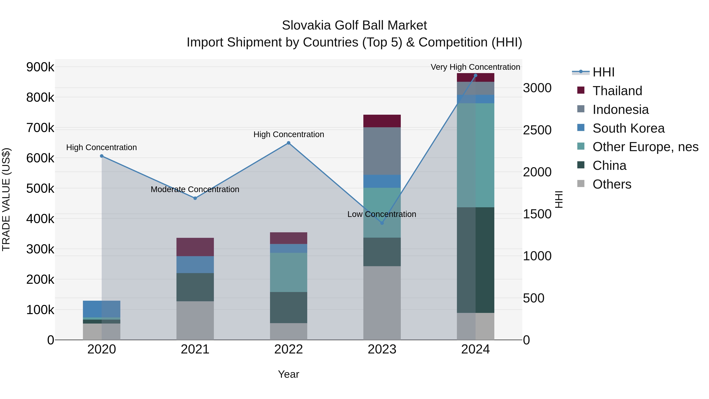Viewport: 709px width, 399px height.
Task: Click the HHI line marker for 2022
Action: (289, 143)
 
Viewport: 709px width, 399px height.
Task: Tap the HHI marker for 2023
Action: (382, 223)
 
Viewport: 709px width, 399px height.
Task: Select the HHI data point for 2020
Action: (102, 156)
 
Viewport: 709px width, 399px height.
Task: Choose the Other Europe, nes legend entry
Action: (645, 147)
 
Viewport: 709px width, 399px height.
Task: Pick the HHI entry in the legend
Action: (603, 72)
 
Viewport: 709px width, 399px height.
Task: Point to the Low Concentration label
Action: (381, 214)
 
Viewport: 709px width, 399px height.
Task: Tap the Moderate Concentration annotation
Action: (195, 189)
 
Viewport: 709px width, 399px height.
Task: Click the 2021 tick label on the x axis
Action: (195, 349)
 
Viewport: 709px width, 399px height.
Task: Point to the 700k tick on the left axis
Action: (40, 128)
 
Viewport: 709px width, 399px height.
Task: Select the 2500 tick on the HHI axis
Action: (537, 130)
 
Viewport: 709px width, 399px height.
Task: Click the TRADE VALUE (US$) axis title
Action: (6, 199)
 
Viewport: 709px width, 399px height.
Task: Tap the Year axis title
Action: (289, 374)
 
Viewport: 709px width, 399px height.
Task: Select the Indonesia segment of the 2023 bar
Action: (382, 151)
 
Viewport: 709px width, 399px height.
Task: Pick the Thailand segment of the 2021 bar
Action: (195, 247)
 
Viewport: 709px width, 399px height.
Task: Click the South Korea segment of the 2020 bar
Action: (102, 309)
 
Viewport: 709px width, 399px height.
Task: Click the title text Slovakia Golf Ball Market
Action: (354, 25)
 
